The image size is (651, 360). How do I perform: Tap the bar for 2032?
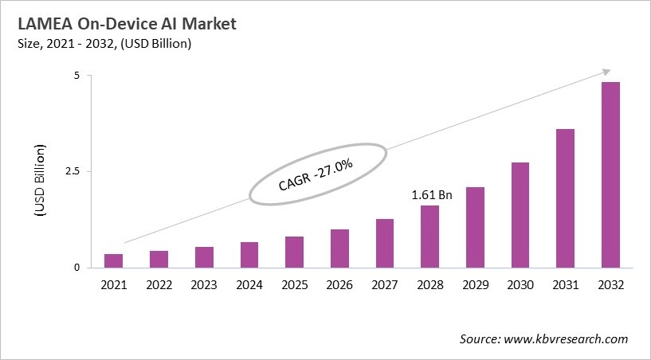pyautogui.click(x=610, y=174)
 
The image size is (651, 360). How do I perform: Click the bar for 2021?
pyautogui.click(x=114, y=260)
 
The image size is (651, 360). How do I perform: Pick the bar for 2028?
pyautogui.click(x=429, y=237)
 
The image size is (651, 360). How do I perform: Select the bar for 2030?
pyautogui.click(x=520, y=214)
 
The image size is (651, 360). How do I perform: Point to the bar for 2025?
pyautogui.click(x=294, y=252)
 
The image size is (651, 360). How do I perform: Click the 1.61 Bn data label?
pyautogui.click(x=431, y=194)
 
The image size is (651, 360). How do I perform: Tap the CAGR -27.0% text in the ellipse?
pyautogui.click(x=317, y=175)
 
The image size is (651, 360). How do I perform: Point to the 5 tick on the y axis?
pyautogui.click(x=77, y=76)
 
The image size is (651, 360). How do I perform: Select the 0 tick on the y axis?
pyautogui.click(x=77, y=268)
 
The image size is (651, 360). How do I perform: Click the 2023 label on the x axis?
pyautogui.click(x=204, y=284)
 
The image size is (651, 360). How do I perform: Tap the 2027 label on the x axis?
pyautogui.click(x=384, y=284)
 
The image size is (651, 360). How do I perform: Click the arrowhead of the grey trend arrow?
pyautogui.click(x=606, y=72)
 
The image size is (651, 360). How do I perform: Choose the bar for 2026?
pyautogui.click(x=339, y=248)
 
